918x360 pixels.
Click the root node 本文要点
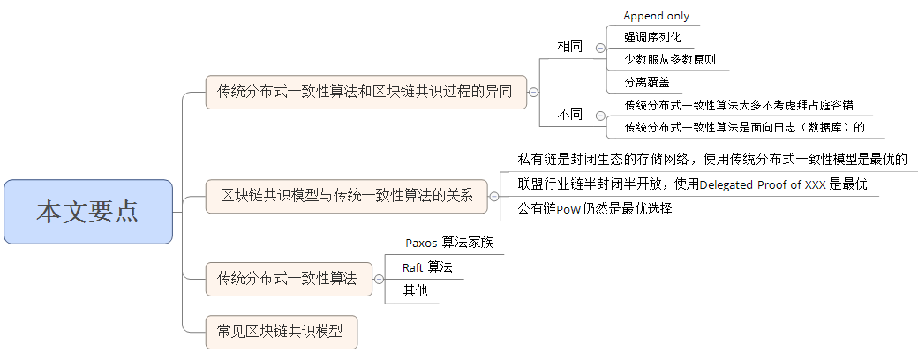click(87, 212)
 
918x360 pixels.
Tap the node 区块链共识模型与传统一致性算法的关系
click(346, 195)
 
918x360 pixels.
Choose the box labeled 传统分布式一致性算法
click(288, 279)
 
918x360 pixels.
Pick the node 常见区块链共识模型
click(281, 332)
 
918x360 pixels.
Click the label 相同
click(569, 46)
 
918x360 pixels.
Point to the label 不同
click(569, 114)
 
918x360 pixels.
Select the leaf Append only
click(656, 16)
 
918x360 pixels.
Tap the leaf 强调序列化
click(652, 38)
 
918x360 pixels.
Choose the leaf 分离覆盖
click(646, 83)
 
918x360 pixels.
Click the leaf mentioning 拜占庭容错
click(738, 105)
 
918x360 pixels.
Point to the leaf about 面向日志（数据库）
click(743, 127)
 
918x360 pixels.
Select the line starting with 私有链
click(712, 160)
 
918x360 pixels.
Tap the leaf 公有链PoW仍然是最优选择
click(595, 210)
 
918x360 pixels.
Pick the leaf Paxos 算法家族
click(448, 243)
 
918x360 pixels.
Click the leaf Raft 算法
click(427, 267)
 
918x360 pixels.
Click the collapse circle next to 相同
click(600, 49)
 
